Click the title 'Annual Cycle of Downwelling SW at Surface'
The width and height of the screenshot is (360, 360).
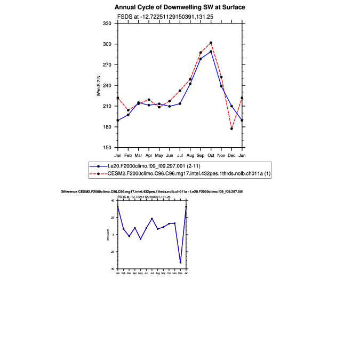click(x=180, y=7)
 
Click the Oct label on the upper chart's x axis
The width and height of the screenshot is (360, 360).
click(x=211, y=155)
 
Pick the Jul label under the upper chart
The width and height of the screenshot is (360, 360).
click(x=180, y=155)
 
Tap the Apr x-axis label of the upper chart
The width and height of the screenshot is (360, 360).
click(x=149, y=155)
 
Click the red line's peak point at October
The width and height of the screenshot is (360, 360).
click(x=211, y=43)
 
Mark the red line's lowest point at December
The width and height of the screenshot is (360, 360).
click(x=232, y=129)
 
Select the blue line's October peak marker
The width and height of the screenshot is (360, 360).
click(x=211, y=52)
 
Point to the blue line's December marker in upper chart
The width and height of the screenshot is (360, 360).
click(x=232, y=106)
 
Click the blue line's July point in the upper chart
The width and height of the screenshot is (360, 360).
click(x=180, y=103)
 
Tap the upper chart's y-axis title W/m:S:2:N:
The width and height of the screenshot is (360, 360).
click(x=99, y=85)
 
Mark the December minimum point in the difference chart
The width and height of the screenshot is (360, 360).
click(x=180, y=262)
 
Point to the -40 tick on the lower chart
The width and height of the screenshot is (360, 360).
click(x=113, y=269)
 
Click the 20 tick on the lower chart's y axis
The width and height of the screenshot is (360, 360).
click(x=113, y=218)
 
